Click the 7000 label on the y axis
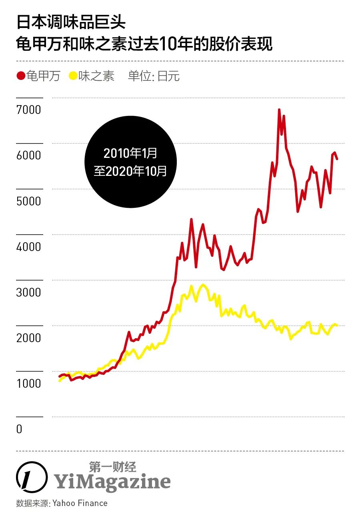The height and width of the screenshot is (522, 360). tap(29, 110)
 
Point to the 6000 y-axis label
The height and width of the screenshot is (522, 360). tap(29, 155)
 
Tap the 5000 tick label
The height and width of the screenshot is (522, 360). tap(29, 201)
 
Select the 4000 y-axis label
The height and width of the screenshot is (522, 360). tap(29, 246)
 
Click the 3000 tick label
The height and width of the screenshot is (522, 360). tap(29, 292)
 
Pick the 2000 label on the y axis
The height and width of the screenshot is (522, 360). tap(29, 338)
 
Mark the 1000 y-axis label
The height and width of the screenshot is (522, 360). tap(29, 383)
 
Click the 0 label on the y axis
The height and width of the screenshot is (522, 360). tap(19, 429)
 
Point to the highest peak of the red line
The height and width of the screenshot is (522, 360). tap(279, 109)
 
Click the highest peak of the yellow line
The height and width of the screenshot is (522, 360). tap(203, 285)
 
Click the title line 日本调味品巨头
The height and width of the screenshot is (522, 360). tap(71, 22)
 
